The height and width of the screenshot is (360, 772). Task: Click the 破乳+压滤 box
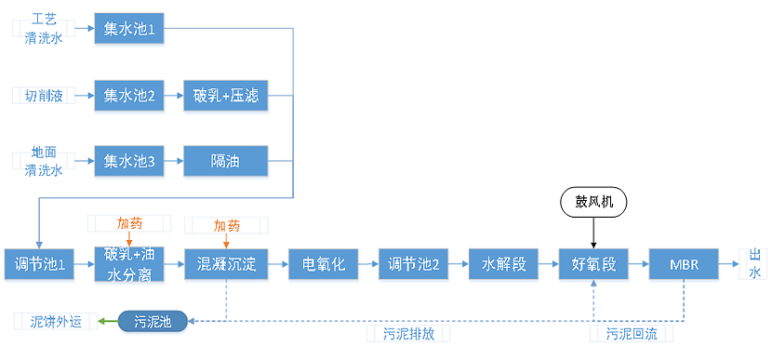(225, 96)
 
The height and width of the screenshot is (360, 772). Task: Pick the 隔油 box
(225, 161)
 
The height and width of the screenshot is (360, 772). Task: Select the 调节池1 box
(40, 264)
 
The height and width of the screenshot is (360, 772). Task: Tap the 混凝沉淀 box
(226, 264)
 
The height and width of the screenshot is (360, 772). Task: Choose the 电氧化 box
(317, 264)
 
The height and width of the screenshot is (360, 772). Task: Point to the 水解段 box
(503, 264)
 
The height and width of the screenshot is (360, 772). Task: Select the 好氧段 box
(593, 264)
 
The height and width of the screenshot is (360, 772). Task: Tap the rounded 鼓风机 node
(593, 201)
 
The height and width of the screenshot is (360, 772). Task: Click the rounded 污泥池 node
(153, 322)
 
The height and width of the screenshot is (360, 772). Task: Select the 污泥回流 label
(632, 334)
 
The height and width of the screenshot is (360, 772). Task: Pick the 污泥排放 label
(408, 334)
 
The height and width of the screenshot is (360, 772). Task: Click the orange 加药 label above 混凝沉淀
(226, 225)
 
